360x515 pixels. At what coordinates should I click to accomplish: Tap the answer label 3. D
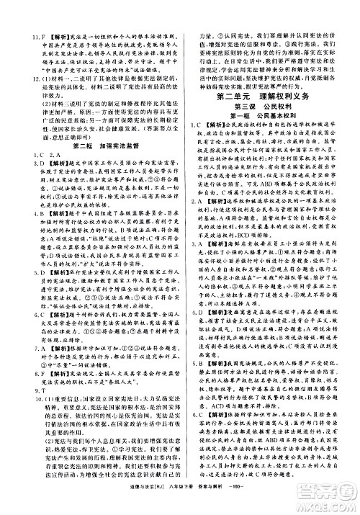click(x=22, y=164)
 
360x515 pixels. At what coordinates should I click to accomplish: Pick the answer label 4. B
click(x=22, y=214)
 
